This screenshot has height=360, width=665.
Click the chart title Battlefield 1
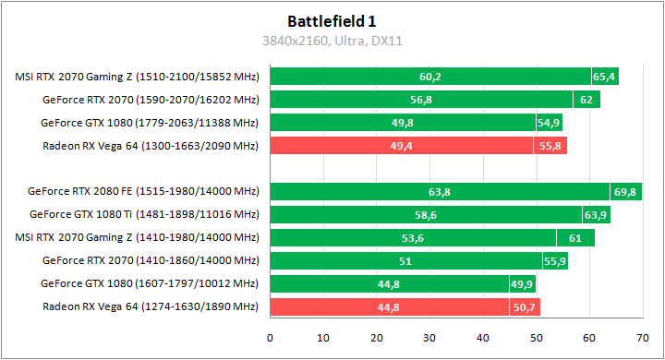[x=332, y=20]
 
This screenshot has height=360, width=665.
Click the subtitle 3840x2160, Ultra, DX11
[x=332, y=41]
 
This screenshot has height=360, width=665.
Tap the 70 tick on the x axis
[x=642, y=337]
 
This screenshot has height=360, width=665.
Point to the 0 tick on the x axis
[x=270, y=337]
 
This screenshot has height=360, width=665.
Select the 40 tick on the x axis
[x=482, y=337]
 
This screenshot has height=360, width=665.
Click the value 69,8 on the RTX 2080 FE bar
[x=624, y=192]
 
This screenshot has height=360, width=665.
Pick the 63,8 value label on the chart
[x=440, y=192]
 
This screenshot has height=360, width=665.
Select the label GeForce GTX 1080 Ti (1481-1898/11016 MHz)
[x=144, y=215]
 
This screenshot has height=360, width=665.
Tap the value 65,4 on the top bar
[x=604, y=77]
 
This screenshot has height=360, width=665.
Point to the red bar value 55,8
[x=550, y=146]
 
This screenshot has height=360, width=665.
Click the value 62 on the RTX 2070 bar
[x=586, y=100]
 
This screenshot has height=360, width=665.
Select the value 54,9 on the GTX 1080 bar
[x=549, y=123]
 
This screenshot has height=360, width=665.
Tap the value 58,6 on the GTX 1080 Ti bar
[x=426, y=215]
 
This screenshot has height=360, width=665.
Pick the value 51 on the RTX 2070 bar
[x=405, y=261]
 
